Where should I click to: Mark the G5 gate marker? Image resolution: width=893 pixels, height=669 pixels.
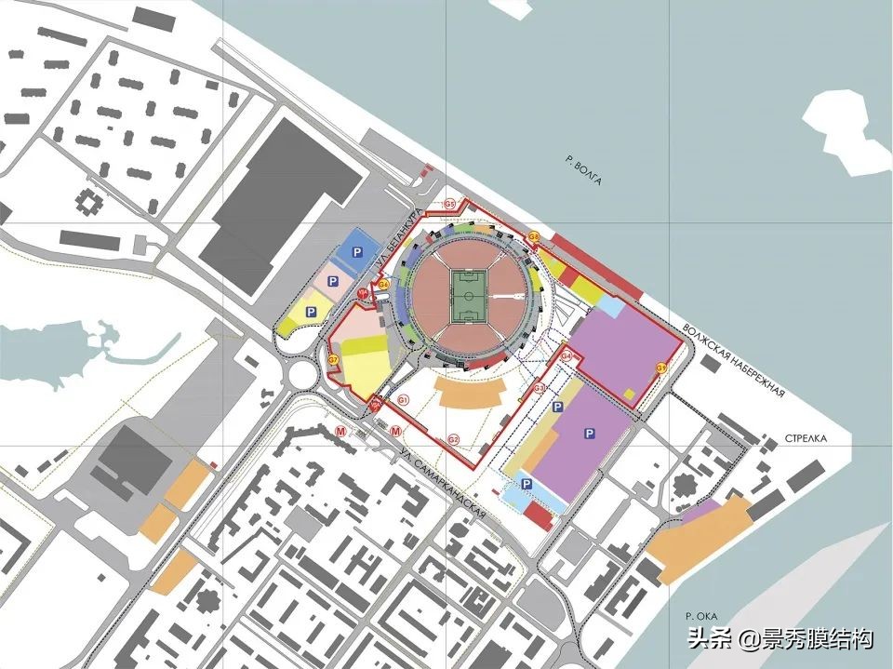[x=448, y=204]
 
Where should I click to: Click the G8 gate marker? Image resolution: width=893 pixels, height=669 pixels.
[x=534, y=238]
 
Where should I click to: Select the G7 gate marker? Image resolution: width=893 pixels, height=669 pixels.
[x=333, y=360]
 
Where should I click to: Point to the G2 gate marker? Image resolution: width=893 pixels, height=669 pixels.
[x=454, y=438]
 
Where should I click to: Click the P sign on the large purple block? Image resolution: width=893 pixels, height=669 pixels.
[x=588, y=434]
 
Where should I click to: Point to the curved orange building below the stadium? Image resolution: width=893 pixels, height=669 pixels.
[x=470, y=393]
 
